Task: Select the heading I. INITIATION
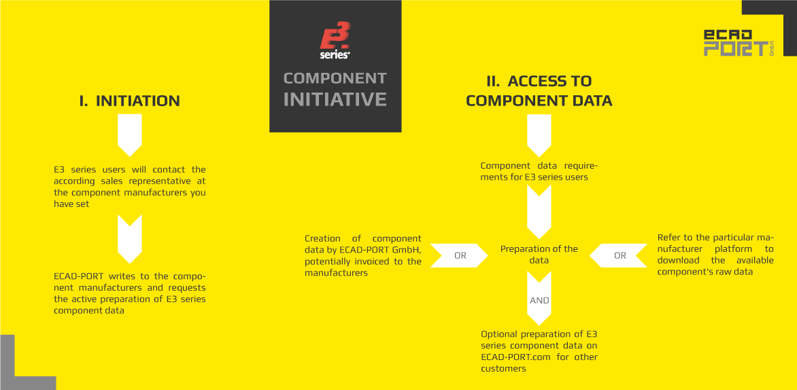pos(130,101)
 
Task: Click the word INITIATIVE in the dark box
pos(335,99)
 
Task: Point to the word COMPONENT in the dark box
pos(335,78)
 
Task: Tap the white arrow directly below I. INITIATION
pos(130,135)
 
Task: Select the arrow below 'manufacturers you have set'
pos(130,239)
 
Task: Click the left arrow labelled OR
pos(460,256)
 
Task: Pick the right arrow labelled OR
pos(618,256)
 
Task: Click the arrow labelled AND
pos(539,299)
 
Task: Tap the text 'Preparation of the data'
pos(539,255)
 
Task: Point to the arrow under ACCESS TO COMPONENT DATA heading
pos(539,135)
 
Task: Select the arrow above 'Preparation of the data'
pos(539,212)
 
